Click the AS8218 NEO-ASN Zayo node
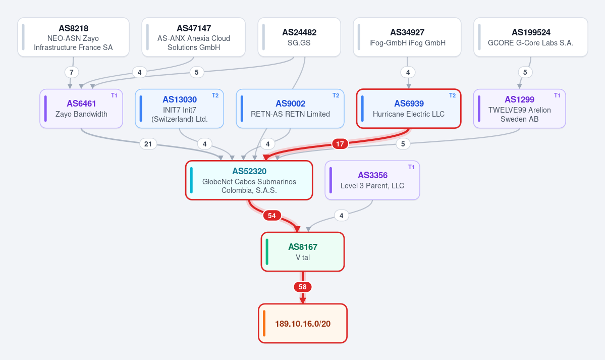click(73, 37)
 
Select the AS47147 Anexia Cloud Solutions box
click(194, 37)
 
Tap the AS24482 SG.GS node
click(299, 37)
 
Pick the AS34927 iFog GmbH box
click(407, 37)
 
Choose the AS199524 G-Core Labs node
click(530, 37)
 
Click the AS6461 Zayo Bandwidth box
click(81, 109)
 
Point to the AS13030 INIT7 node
click(180, 109)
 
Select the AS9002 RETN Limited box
click(290, 109)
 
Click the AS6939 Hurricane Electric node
click(409, 109)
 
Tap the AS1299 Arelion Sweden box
click(519, 109)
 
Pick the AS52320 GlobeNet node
click(249, 180)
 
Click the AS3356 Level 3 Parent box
click(372, 180)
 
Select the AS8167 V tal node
click(303, 252)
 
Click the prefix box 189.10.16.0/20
click(303, 323)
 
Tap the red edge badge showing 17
click(340, 144)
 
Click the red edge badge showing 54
click(272, 216)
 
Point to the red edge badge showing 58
click(303, 287)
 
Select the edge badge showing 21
click(148, 144)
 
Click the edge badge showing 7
click(71, 72)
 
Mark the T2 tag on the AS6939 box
click(452, 95)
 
